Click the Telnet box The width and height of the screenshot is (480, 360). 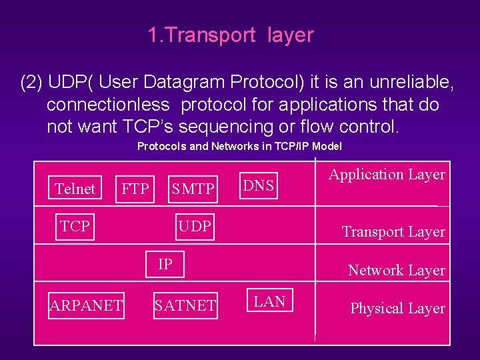(75, 189)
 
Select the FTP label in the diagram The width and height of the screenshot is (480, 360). (135, 189)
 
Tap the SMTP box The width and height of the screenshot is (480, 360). (193, 189)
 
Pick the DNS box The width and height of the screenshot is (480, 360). (259, 186)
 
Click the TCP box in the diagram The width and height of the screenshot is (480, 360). (75, 227)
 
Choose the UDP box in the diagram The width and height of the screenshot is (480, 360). (195, 227)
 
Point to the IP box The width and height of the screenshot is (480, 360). (165, 265)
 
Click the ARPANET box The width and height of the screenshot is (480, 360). (86, 305)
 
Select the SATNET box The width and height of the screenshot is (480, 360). (185, 305)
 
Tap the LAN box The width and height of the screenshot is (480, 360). (270, 301)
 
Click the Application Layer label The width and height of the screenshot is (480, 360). (387, 175)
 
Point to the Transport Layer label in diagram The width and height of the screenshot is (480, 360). (393, 232)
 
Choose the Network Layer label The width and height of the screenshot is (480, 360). (396, 270)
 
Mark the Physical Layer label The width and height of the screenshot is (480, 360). (397, 309)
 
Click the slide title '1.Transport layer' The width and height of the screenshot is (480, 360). (231, 35)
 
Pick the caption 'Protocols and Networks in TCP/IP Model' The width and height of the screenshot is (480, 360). (239, 146)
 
